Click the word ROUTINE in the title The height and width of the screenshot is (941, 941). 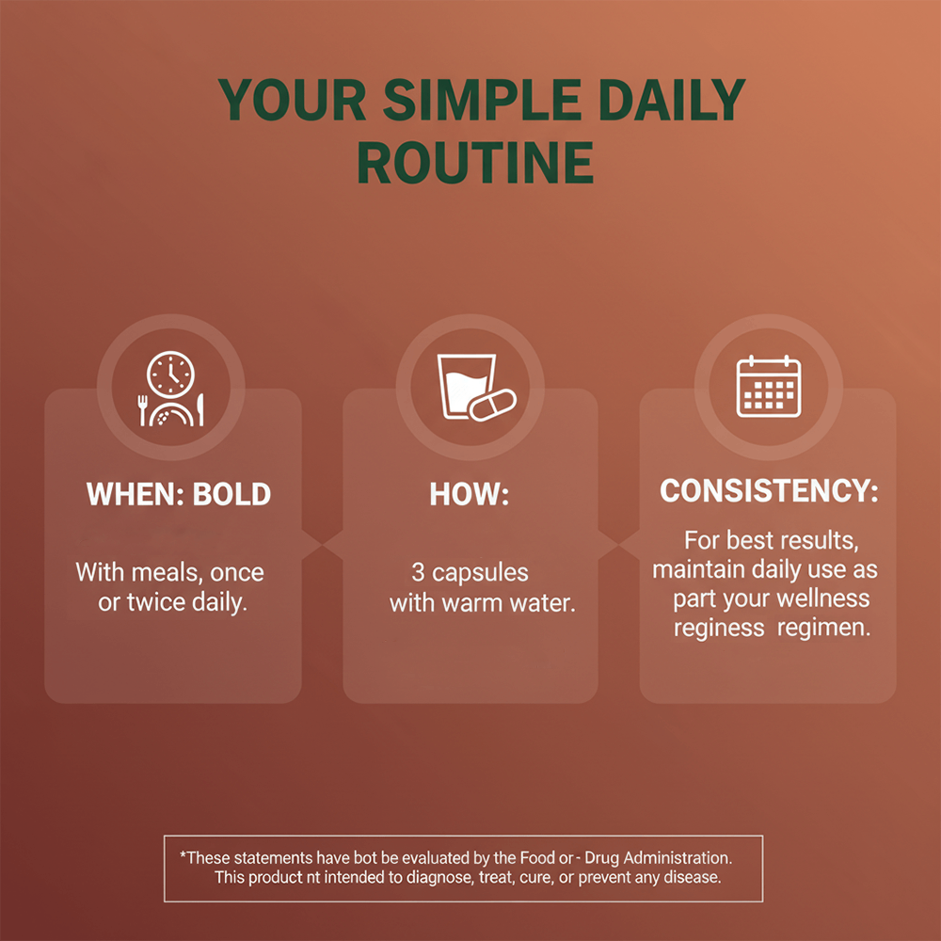coord(475,163)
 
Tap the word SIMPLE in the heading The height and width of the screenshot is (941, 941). coord(482,100)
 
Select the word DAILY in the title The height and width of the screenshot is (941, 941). coord(672,100)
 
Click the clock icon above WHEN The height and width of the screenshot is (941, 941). coord(171,375)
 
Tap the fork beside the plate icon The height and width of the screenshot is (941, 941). coord(142,410)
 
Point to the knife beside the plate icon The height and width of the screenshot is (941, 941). coord(200,410)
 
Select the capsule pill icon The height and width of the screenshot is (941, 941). coord(493,405)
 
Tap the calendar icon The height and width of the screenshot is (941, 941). coord(769,387)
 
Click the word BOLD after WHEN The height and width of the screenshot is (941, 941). coord(231,495)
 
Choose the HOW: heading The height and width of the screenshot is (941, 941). coord(470,495)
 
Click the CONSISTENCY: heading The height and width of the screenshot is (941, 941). coord(769,490)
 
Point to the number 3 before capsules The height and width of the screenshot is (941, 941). coord(419,572)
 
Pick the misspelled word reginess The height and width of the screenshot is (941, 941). coord(719,629)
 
